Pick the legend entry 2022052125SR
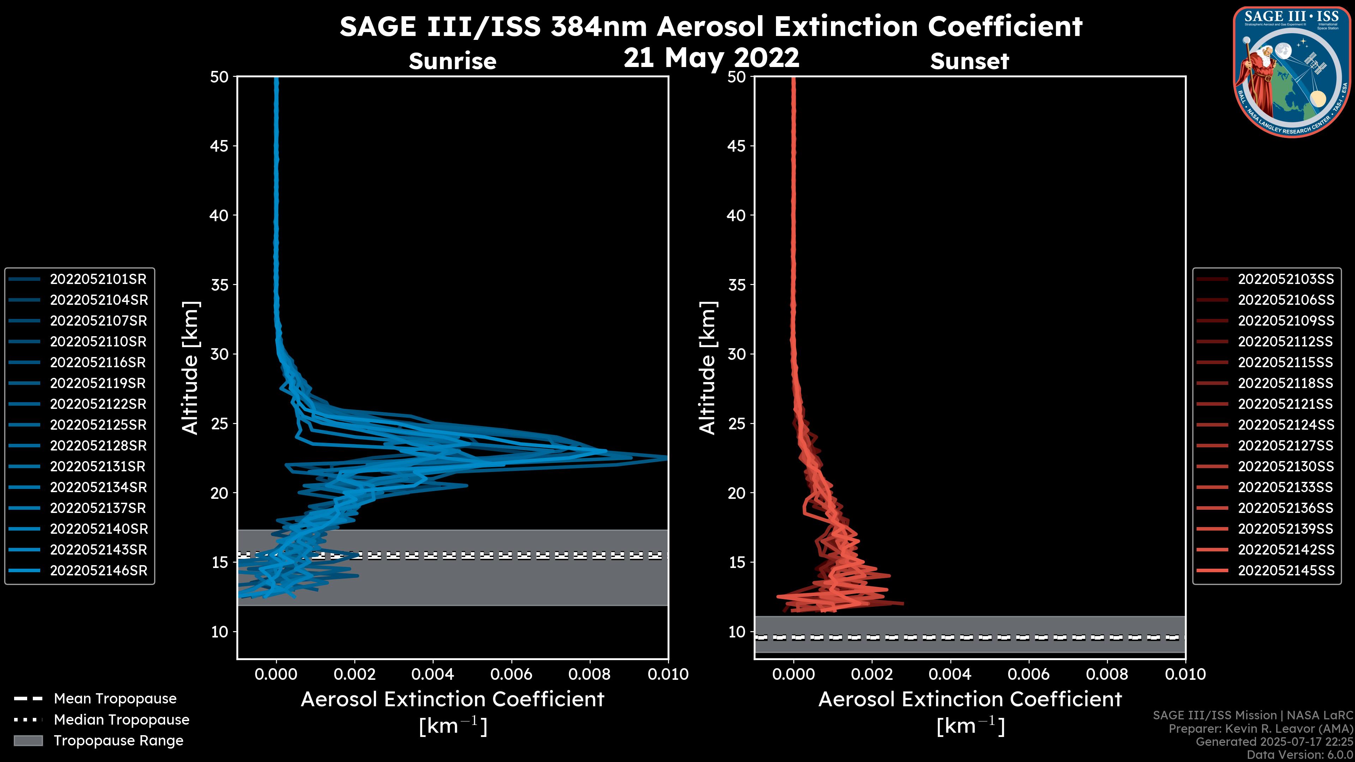[x=98, y=425]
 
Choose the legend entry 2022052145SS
[x=1285, y=570]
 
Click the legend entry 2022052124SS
[x=1285, y=425]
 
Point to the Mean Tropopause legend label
[x=115, y=699]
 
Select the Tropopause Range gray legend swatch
[x=28, y=740]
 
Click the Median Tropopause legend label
[x=121, y=719]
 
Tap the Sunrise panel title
[x=452, y=61]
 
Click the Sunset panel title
[x=969, y=61]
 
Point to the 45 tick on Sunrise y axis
[x=219, y=146]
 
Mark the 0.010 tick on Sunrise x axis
[x=668, y=674]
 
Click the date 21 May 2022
[x=711, y=57]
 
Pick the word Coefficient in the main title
[x=1005, y=26]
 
